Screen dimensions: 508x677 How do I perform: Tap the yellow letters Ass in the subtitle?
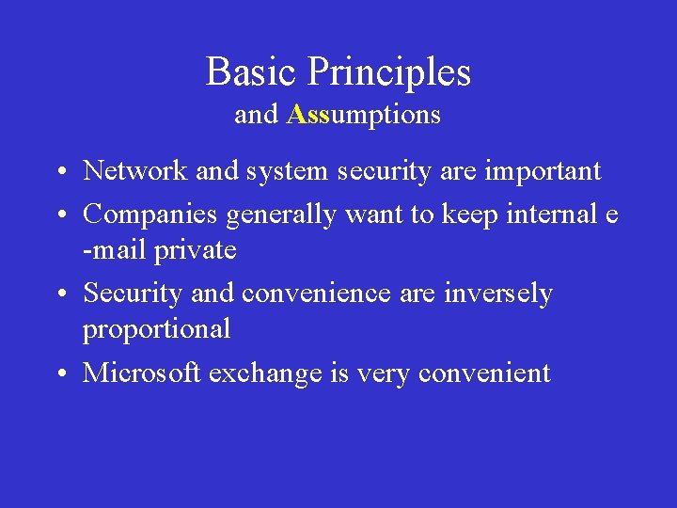pyautogui.click(x=307, y=115)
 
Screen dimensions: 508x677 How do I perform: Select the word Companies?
pyautogui.click(x=151, y=215)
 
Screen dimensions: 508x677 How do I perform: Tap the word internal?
pyautogui.click(x=551, y=215)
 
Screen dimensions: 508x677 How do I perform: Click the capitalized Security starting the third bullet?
pyautogui.click(x=134, y=294)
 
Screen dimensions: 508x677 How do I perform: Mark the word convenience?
pyautogui.click(x=317, y=294)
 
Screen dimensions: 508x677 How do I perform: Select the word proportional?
pyautogui.click(x=156, y=330)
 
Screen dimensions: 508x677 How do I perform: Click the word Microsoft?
pyautogui.click(x=143, y=373)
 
